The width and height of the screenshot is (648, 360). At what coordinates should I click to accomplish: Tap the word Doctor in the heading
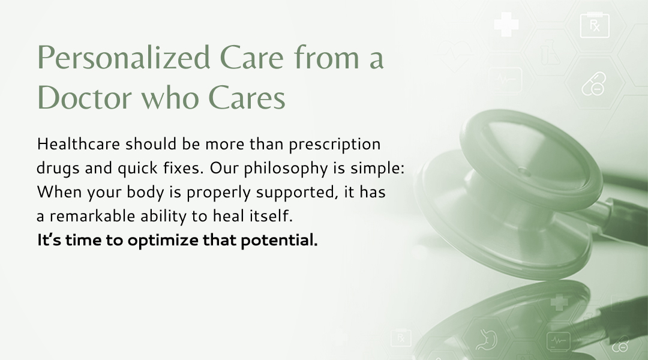tap(85, 98)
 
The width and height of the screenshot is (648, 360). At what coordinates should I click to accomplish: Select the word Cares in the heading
tap(247, 98)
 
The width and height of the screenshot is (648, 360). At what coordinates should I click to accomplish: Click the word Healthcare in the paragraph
tap(79, 144)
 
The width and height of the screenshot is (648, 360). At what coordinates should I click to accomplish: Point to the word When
tap(59, 192)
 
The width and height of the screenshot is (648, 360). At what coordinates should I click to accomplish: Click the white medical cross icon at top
tap(506, 24)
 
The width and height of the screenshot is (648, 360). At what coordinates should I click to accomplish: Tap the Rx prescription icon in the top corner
tap(595, 25)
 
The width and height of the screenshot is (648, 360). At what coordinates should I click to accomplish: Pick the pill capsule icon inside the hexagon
tap(594, 84)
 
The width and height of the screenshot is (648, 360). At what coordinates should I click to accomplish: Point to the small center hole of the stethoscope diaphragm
tap(524, 171)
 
